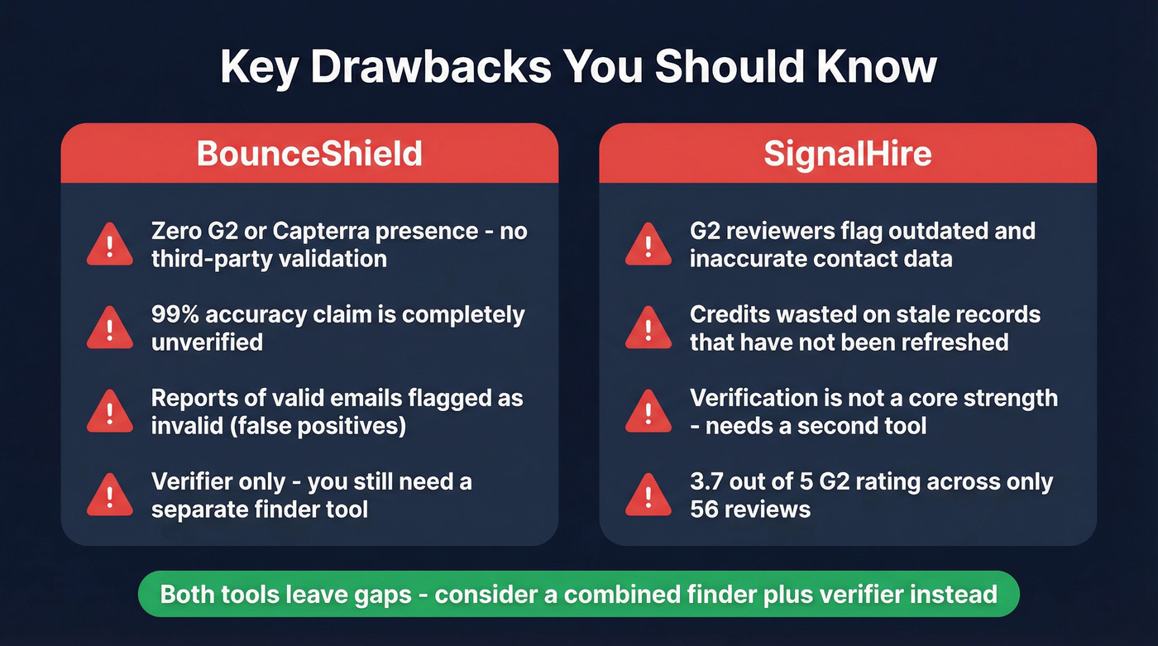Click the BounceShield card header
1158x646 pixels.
309,154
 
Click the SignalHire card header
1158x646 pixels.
847,154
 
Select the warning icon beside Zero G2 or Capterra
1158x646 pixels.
109,246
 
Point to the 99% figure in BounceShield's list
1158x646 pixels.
175,315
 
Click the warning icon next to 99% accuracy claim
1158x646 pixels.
109,328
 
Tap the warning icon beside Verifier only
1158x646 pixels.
109,495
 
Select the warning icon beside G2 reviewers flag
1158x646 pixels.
648,246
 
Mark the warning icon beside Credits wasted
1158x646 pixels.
648,328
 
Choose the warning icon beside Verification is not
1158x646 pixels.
648,412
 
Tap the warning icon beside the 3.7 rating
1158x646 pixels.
648,495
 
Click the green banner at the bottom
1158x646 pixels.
578,594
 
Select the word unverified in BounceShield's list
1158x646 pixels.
207,342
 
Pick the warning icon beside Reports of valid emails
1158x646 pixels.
109,412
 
